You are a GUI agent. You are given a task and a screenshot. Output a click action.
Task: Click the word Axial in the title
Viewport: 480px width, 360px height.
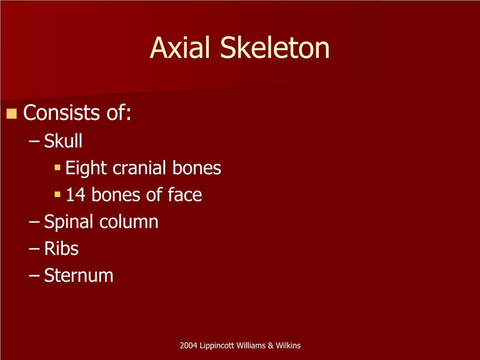[x=180, y=47]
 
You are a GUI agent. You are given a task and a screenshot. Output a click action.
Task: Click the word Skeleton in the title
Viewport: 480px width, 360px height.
[x=275, y=47]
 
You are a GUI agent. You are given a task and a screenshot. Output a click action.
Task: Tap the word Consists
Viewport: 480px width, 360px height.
[x=61, y=112]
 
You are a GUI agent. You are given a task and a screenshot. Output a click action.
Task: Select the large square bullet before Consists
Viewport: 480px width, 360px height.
[x=11, y=113]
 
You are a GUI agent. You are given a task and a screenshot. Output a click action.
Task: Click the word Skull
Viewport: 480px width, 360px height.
[x=64, y=141]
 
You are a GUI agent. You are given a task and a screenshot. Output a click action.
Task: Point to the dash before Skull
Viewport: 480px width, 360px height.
[x=34, y=141]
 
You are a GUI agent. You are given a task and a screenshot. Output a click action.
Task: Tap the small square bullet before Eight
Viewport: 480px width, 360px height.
[x=57, y=167]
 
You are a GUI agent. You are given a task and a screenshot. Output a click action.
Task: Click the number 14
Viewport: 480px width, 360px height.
[x=75, y=195]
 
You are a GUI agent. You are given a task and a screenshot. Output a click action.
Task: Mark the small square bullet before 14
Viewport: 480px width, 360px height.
[x=57, y=194]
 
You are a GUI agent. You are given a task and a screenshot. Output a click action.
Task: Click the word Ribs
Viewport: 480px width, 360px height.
[x=61, y=248]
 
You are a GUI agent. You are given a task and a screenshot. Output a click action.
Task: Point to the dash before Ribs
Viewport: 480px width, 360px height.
[x=34, y=249]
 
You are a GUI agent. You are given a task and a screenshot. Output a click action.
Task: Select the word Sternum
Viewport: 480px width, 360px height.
[x=79, y=275]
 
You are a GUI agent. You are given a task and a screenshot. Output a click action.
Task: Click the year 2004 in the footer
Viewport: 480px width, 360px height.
[x=188, y=345]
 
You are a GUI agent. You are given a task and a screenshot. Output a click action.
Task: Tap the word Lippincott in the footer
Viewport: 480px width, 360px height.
[x=216, y=346]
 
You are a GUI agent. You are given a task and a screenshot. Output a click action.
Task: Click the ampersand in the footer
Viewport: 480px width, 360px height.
[x=270, y=345]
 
